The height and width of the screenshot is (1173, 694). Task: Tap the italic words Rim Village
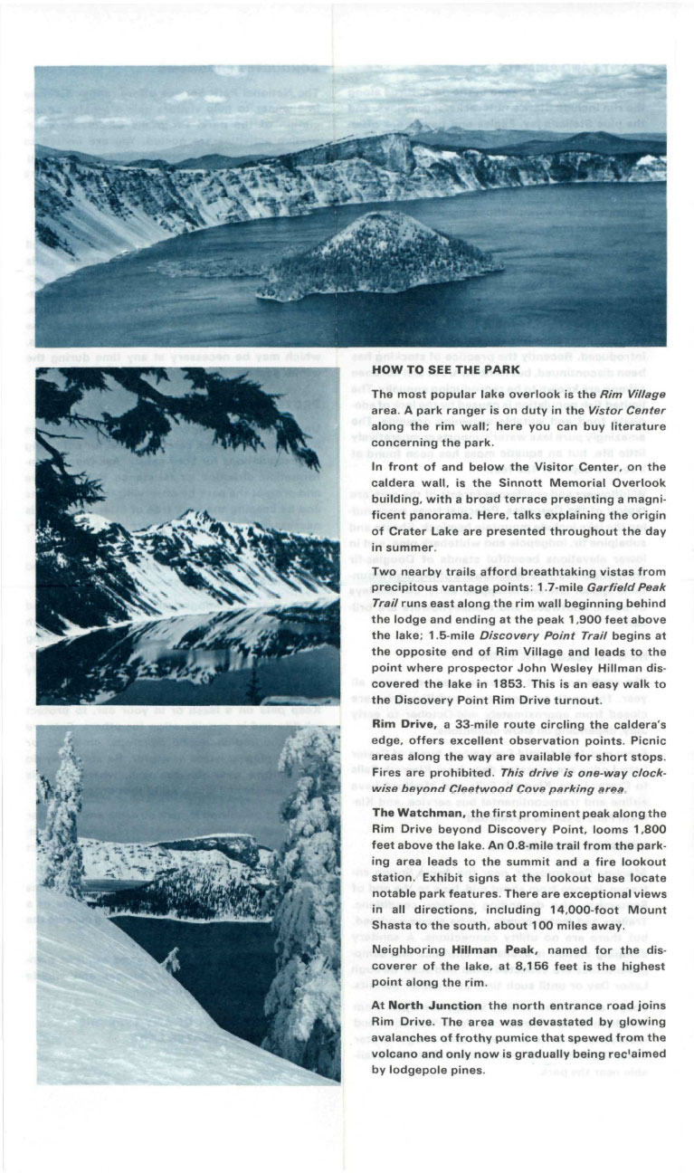click(x=633, y=395)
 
